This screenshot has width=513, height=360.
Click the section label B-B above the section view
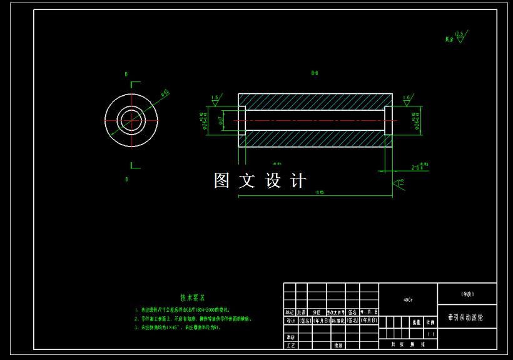(x=315, y=73)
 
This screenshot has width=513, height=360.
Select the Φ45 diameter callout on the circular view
(x=165, y=93)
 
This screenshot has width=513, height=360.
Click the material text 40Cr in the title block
(x=407, y=300)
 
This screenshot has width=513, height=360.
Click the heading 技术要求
(x=193, y=297)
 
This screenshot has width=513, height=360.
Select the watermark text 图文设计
(x=260, y=181)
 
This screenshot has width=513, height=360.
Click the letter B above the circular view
(x=126, y=74)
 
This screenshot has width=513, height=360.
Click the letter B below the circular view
(x=126, y=180)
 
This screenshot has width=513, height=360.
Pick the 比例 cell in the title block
(x=430, y=322)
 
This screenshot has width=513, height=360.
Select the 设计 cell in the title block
(x=290, y=321)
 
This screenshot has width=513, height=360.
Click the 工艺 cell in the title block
(x=290, y=345)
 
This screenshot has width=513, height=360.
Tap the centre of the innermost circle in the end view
(x=131, y=119)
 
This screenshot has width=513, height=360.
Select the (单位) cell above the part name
(x=467, y=293)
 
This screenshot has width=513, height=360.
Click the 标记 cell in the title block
(x=290, y=312)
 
